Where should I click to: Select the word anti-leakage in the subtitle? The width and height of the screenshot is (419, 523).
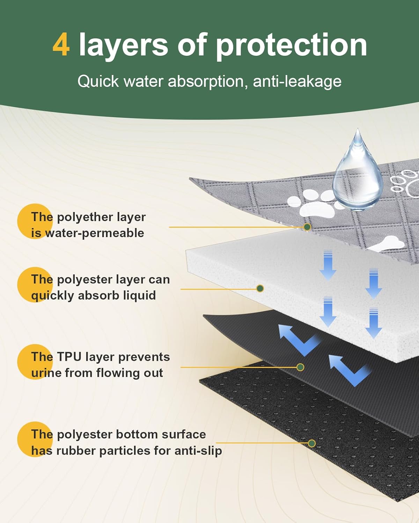point(297,82)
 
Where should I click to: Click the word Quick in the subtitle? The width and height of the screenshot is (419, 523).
point(98,81)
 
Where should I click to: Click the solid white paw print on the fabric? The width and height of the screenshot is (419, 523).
point(314,205)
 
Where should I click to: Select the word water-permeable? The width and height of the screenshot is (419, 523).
point(95,233)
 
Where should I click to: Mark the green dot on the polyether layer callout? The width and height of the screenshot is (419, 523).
point(307,227)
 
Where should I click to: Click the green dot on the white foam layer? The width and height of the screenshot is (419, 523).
point(260,289)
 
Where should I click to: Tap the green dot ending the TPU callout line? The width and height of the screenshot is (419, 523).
point(300,367)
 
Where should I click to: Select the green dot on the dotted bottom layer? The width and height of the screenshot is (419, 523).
point(312,444)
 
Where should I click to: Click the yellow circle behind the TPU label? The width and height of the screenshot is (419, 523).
point(35,362)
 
